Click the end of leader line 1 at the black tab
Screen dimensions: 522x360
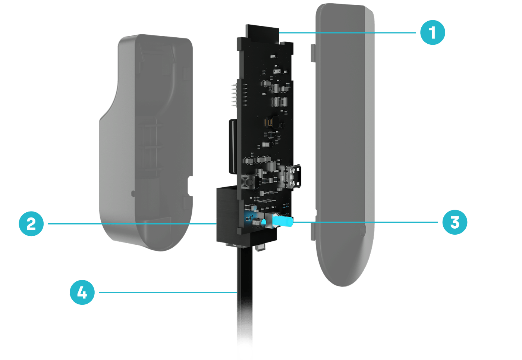(x=279, y=33)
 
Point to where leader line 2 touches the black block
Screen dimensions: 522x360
(x=217, y=223)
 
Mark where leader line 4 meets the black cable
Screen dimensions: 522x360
(x=237, y=292)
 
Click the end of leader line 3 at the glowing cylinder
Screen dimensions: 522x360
(x=293, y=222)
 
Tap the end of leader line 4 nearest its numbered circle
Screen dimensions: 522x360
(x=99, y=292)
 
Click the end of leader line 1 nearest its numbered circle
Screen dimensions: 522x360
(x=415, y=33)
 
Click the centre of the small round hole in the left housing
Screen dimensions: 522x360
(x=133, y=194)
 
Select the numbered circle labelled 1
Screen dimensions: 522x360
(x=433, y=32)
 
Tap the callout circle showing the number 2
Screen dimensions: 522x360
(x=31, y=223)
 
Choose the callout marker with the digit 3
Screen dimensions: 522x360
(x=455, y=222)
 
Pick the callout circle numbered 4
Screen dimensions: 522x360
(x=82, y=292)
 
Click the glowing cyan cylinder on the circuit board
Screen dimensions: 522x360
(x=283, y=221)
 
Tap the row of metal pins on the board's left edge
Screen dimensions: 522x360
(x=235, y=96)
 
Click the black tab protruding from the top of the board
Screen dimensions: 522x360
(x=262, y=34)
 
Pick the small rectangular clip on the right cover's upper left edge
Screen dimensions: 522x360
(x=313, y=53)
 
